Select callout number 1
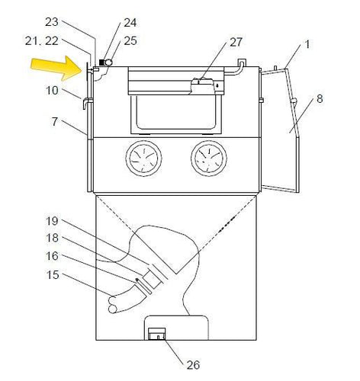[307, 46]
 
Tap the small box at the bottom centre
[156, 333]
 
